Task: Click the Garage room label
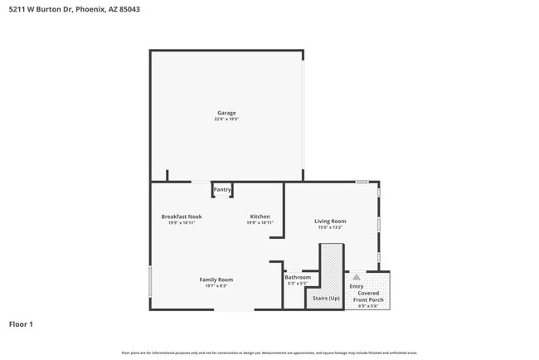226,113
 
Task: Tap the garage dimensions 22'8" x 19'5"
226,119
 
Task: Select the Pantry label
222,190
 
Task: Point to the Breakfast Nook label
182,216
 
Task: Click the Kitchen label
260,216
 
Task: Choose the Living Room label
330,221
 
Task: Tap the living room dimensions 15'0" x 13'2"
330,227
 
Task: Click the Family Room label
216,280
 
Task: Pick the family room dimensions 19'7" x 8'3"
216,286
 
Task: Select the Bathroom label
298,277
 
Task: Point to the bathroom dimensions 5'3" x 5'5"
298,284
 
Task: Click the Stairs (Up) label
326,298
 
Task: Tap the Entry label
357,287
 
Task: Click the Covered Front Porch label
368,296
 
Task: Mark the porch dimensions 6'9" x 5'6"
368,306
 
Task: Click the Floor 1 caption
21,324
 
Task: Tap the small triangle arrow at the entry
357,278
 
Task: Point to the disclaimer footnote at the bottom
269,353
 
